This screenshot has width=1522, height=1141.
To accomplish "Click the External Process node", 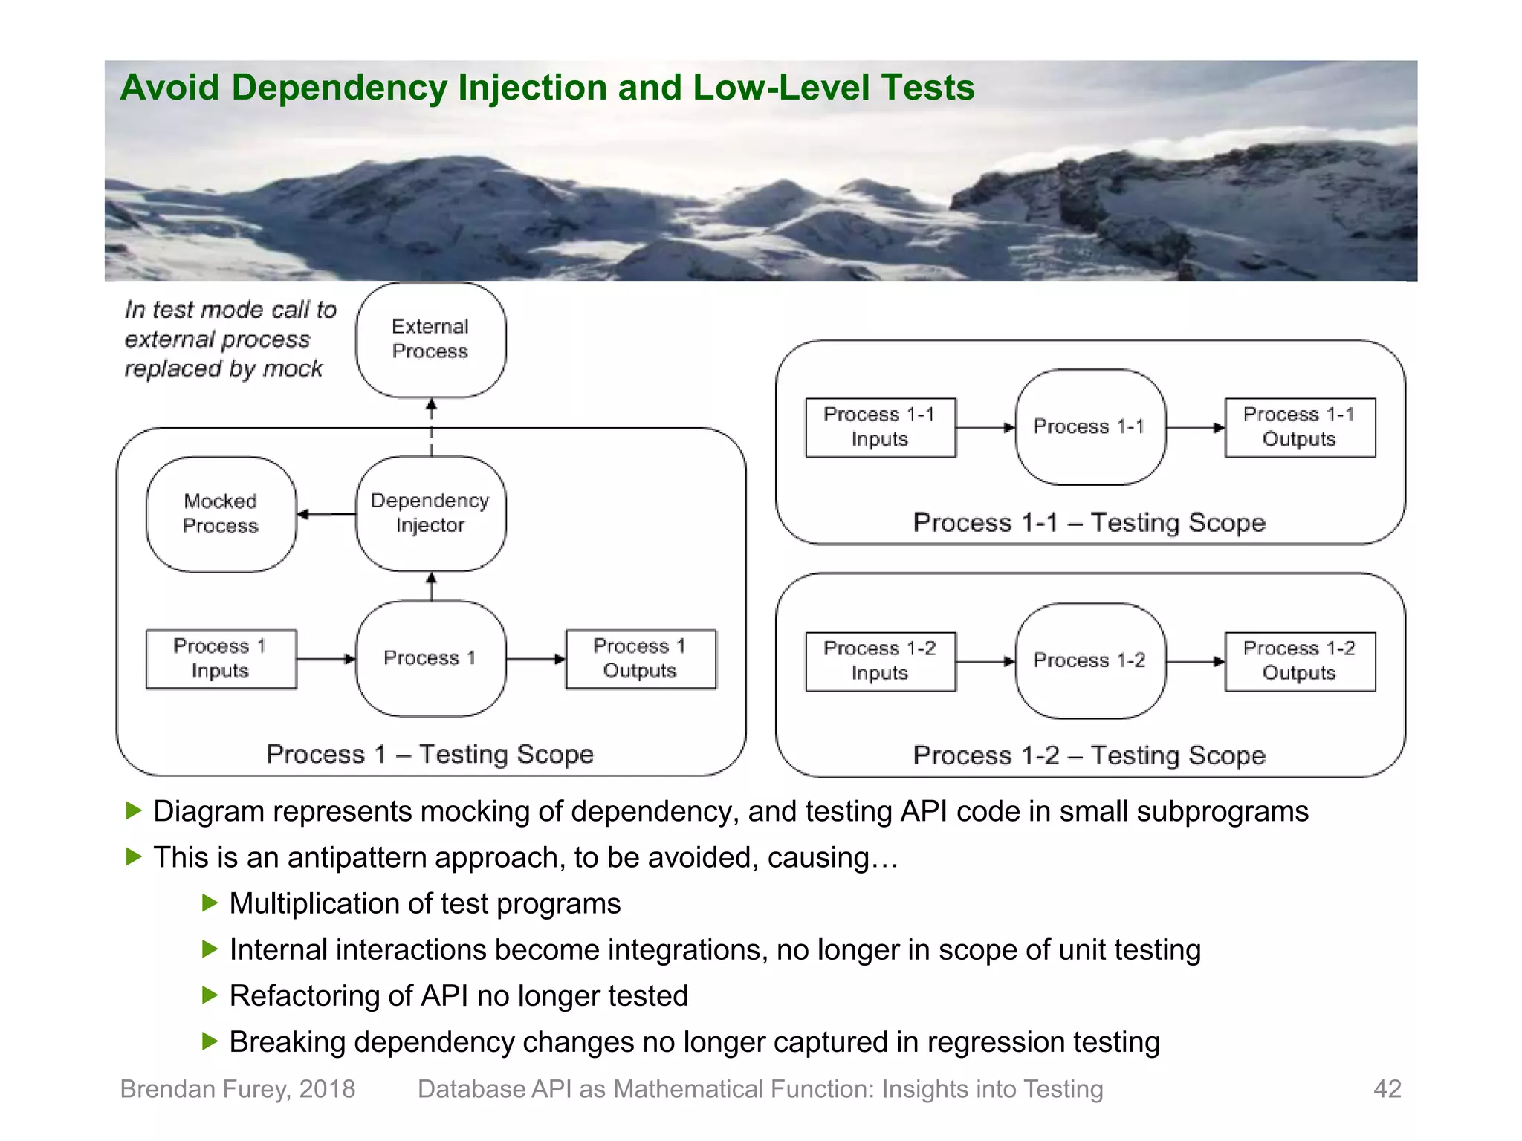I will pyautogui.click(x=431, y=339).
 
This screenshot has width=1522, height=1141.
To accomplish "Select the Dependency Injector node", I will pyautogui.click(x=431, y=513).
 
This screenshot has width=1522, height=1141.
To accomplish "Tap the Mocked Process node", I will pyautogui.click(x=221, y=514).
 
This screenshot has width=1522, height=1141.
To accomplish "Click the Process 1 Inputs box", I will pyautogui.click(x=221, y=659).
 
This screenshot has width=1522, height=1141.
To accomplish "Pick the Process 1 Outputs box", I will pyautogui.click(x=641, y=659).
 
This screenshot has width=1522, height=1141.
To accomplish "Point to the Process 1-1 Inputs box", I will pyautogui.click(x=880, y=427).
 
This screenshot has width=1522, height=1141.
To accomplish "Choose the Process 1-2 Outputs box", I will pyautogui.click(x=1300, y=661).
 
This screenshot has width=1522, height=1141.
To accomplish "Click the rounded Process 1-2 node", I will pyautogui.click(x=1089, y=660).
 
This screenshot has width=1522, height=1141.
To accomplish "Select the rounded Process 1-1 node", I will pyautogui.click(x=1089, y=427).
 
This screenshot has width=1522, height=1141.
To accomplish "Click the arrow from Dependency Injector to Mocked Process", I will pyautogui.click(x=326, y=514).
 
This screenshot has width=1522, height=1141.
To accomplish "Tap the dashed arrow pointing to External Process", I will pyautogui.click(x=431, y=427).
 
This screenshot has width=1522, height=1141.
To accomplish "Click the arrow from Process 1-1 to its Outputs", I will pyautogui.click(x=1195, y=428).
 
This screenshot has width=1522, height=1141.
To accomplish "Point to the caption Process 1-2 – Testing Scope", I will pyautogui.click(x=1089, y=755).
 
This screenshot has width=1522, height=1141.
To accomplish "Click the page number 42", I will pyautogui.click(x=1387, y=1089).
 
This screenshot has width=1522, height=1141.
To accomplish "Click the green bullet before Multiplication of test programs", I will pyautogui.click(x=210, y=903).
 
